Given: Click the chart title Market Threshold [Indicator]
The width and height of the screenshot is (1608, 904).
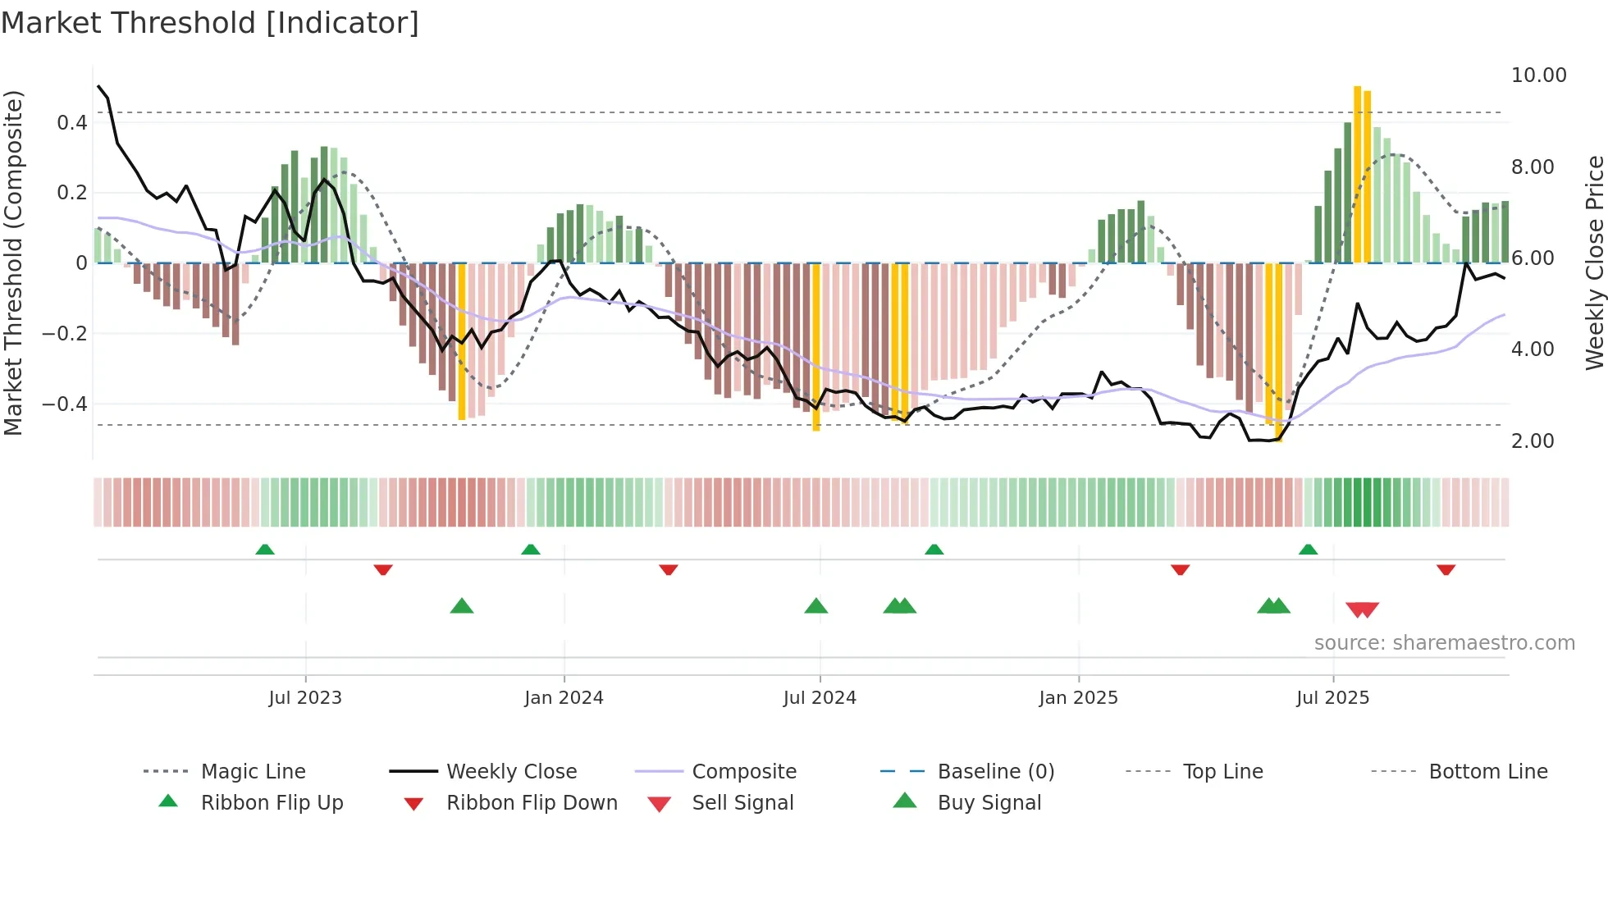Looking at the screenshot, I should pos(210,23).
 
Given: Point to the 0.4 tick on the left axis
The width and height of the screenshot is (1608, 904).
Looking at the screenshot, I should pos(71,123).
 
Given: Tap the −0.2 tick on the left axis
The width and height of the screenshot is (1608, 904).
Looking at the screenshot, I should pos(65,334).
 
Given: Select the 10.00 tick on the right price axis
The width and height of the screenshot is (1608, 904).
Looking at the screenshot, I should pos(1538,75).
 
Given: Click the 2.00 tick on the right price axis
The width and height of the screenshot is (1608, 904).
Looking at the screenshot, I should pos(1533,441).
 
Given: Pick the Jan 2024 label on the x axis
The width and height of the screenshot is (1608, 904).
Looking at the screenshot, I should pos(564,698).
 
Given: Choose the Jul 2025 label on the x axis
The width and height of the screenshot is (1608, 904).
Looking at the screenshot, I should pos(1332,698).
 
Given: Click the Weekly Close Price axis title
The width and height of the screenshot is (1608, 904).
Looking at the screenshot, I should pos(1594,263).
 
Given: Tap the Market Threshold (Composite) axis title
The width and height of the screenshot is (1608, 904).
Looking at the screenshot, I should pos(13,263).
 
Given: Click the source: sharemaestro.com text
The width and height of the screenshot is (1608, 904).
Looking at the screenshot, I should pos(1444,643).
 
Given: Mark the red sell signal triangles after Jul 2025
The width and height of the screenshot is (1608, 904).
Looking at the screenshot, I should pos(1362,610).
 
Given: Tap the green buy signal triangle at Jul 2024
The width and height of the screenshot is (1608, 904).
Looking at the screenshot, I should pos(815,606).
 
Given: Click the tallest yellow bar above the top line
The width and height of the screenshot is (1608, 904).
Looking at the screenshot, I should pos(1357,174).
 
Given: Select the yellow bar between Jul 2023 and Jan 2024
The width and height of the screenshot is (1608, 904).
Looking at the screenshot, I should pos(462,341).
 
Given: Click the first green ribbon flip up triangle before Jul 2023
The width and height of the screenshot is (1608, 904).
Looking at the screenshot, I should pos(264,550).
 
